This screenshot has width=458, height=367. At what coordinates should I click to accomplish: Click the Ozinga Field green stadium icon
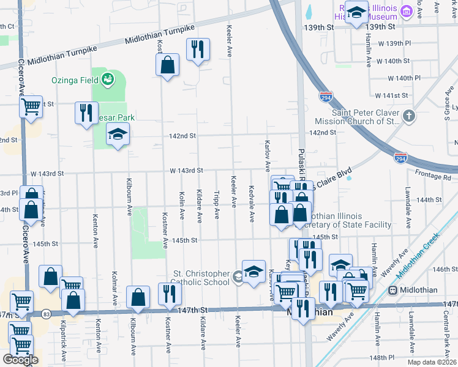point(108,79)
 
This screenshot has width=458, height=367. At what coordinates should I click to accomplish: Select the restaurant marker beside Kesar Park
point(86,113)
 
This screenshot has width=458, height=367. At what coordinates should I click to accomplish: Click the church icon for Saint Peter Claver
point(409,116)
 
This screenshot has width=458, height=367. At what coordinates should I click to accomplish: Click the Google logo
point(20,360)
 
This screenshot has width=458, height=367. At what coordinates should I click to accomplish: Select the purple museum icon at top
point(405,11)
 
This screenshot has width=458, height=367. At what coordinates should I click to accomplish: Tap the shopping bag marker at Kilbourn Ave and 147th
point(138,297)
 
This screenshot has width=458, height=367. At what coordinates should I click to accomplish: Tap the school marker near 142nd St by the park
point(118,136)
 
